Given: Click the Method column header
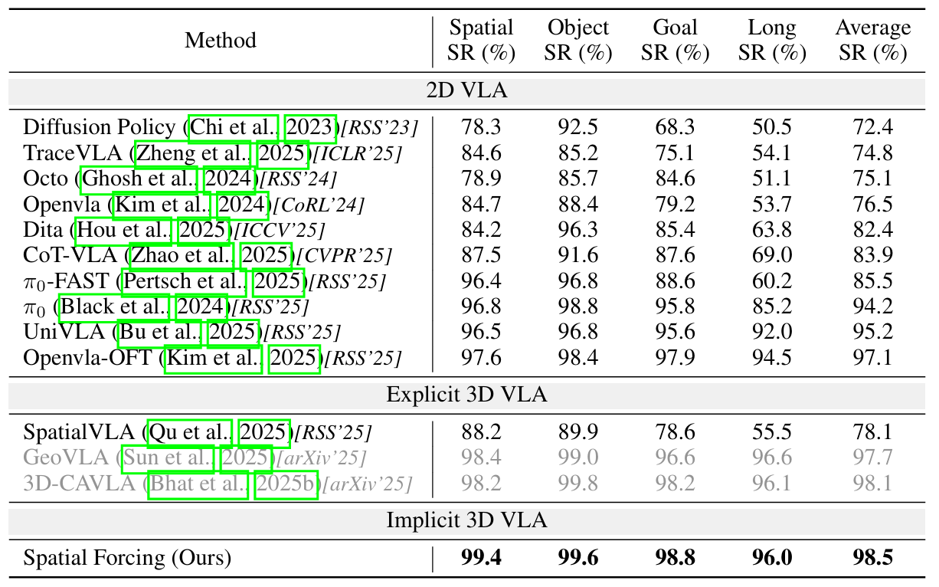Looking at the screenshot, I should point(221,41).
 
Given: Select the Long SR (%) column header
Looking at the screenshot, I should point(772,41).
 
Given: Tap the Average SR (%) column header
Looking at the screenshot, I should point(873,41).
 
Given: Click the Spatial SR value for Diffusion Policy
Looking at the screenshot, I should point(482,127).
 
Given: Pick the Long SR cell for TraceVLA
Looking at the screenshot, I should point(772,152).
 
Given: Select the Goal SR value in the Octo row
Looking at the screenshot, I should point(675,179).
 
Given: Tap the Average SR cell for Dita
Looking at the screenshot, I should point(873,230).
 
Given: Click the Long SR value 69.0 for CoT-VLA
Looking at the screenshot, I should point(772,255).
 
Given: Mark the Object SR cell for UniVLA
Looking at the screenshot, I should point(578,333).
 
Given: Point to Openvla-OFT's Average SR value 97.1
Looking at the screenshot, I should point(873,358).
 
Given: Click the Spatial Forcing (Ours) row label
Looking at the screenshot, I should point(127,558).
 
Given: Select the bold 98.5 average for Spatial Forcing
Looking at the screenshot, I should point(873,558).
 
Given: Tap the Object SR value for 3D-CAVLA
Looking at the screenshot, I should point(578,484).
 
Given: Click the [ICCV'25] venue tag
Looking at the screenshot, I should point(279,230).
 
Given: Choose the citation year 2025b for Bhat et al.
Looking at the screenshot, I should point(285,484).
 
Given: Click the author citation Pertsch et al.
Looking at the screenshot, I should point(184,281).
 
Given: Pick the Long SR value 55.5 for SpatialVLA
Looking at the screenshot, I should point(772,433).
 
